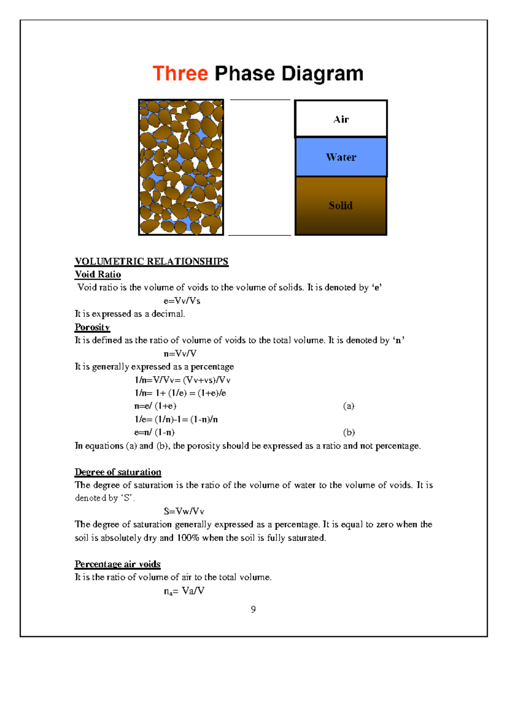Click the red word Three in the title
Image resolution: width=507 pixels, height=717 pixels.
(x=180, y=74)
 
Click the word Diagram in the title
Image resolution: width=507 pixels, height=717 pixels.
(x=322, y=74)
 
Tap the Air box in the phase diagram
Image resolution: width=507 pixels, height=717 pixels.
(x=341, y=119)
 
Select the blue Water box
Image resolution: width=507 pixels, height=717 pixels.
(x=341, y=157)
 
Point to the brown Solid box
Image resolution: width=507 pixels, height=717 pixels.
(x=341, y=206)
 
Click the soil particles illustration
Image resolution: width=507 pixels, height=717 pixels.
(x=181, y=167)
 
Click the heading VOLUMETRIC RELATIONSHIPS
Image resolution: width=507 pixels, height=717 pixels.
(x=151, y=262)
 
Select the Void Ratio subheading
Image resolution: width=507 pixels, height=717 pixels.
(x=98, y=275)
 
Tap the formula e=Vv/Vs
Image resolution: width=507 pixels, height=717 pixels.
(x=182, y=301)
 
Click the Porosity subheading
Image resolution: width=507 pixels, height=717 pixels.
(x=92, y=327)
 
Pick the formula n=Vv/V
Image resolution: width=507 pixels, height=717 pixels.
(x=180, y=354)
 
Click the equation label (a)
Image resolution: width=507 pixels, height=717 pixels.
(x=349, y=406)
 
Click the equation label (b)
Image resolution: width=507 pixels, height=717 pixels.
(x=349, y=433)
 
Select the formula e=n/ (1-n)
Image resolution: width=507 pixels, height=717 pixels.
(x=154, y=433)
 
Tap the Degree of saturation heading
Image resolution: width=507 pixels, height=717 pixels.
(x=118, y=472)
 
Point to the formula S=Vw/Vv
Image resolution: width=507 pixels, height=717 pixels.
(x=184, y=512)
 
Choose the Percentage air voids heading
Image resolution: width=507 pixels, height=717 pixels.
(x=117, y=564)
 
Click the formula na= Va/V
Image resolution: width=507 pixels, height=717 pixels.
(x=184, y=591)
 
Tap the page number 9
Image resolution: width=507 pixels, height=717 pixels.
(x=253, y=609)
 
